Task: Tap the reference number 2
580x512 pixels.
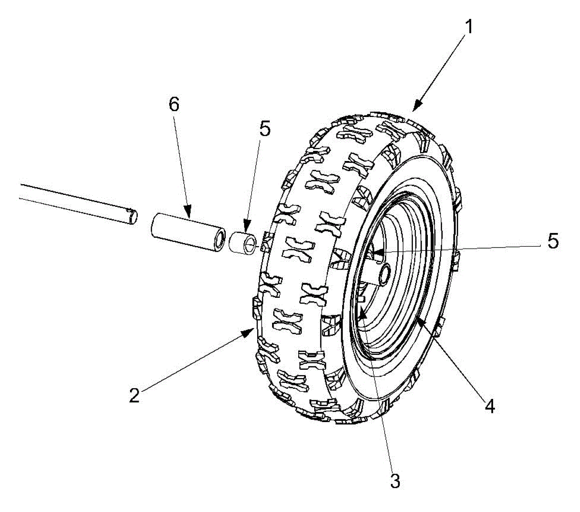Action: tap(134, 395)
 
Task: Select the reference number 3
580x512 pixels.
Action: tap(395, 481)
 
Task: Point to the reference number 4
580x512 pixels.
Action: tap(490, 407)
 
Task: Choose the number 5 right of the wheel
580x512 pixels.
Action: tap(553, 241)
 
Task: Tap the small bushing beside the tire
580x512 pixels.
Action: tap(243, 243)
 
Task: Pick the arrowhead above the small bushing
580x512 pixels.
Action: tap(247, 226)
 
